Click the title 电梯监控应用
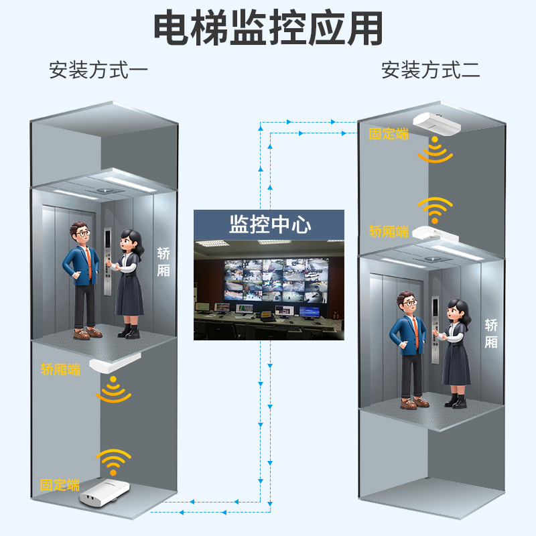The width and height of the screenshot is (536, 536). (268, 28)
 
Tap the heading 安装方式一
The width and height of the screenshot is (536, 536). (98, 70)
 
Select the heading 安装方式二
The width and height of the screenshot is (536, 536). (430, 70)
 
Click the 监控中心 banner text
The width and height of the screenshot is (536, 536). (270, 224)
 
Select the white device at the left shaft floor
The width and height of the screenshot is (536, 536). (102, 493)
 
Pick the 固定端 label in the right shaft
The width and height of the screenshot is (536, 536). (389, 134)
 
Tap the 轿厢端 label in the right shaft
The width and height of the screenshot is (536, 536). (389, 232)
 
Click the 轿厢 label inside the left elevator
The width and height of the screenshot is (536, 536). (163, 262)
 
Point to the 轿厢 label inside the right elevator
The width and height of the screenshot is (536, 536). (491, 334)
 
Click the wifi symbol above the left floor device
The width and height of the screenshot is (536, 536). (113, 461)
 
